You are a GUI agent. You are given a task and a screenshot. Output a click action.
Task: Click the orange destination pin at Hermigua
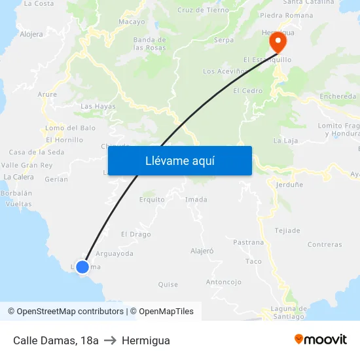pyautogui.click(x=278, y=43)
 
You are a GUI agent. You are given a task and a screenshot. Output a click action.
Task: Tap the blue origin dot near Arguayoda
pyautogui.click(x=82, y=266)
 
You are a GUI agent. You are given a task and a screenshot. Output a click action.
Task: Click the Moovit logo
pyautogui.click(x=321, y=340)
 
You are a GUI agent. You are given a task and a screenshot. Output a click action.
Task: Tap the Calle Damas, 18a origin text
pyautogui.click(x=56, y=340)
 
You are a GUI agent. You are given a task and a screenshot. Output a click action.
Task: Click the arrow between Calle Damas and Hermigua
pyautogui.click(x=110, y=340)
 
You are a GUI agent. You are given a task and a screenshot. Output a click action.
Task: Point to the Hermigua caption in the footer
pyautogui.click(x=145, y=340)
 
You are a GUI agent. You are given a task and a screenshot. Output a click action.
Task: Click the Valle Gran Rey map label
pyautogui.click(x=27, y=166)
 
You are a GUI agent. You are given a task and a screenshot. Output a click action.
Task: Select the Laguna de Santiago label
pyautogui.click(x=289, y=313)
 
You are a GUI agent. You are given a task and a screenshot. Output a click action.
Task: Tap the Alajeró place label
pyautogui.click(x=202, y=251)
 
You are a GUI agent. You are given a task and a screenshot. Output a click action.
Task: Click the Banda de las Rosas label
pyautogui.click(x=149, y=44)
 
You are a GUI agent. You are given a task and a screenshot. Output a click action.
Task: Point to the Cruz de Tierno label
pyautogui.click(x=203, y=10)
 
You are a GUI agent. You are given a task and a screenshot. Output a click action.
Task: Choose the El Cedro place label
pyautogui.click(x=247, y=91)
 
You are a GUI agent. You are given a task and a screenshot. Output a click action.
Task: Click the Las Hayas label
pyautogui.click(x=98, y=106)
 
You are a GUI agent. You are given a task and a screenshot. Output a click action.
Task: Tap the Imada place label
pyautogui.click(x=196, y=200)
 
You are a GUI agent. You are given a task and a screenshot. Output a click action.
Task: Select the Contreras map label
pyautogui.click(x=325, y=245)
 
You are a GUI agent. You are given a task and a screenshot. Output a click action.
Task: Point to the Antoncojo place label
pyautogui.click(x=224, y=282)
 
